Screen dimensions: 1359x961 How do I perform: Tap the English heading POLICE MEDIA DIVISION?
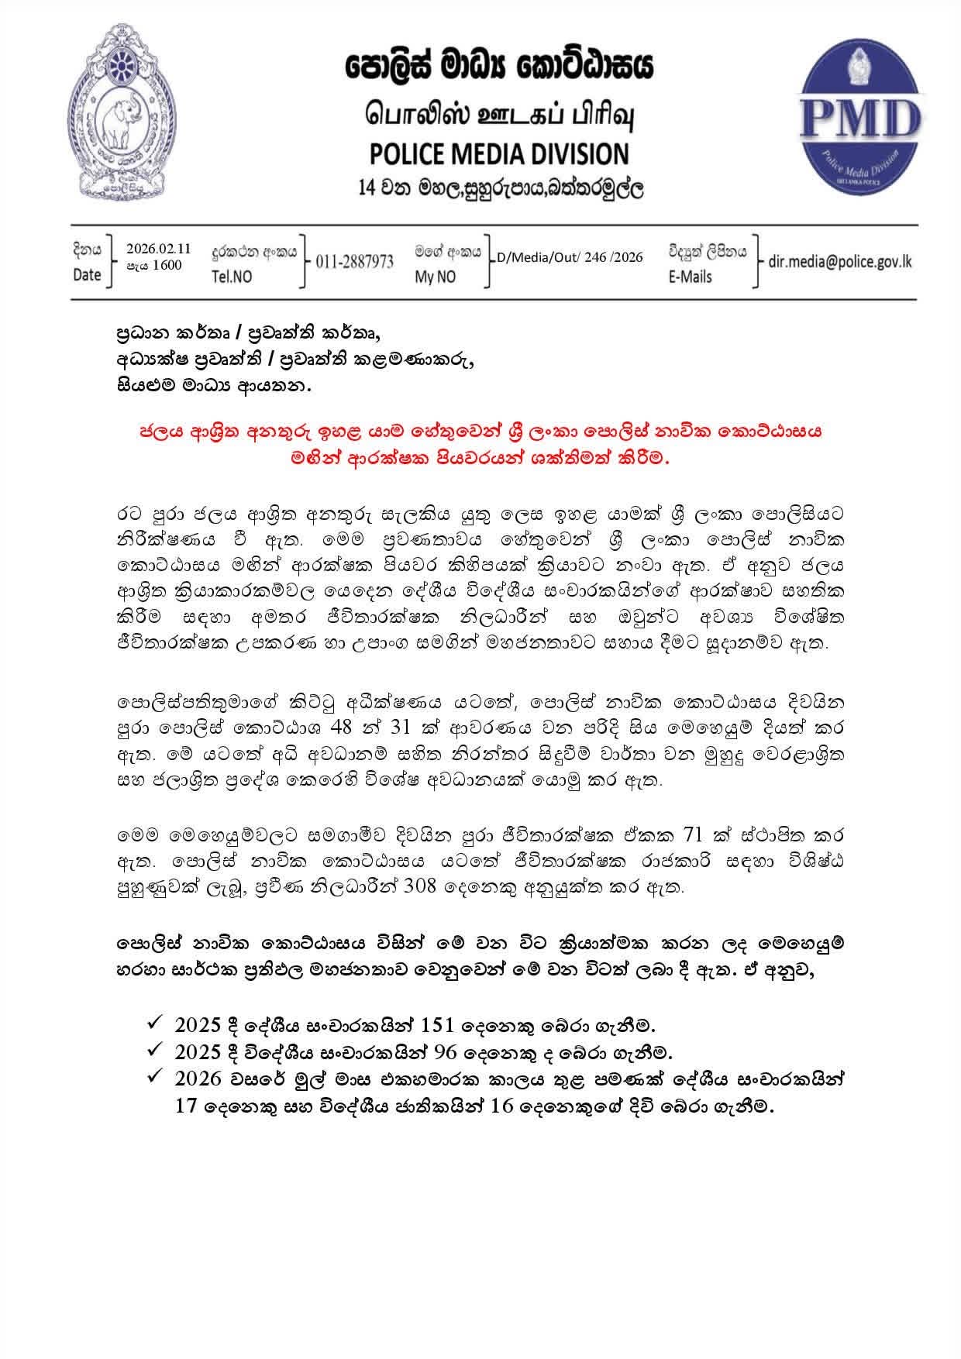point(499,153)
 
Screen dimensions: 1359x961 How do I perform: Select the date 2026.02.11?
point(158,249)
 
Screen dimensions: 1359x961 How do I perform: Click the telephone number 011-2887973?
point(354,262)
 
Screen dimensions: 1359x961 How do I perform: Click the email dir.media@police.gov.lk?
point(839,262)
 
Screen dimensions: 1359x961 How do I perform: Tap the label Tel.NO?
point(232,277)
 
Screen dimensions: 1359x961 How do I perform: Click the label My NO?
point(436,277)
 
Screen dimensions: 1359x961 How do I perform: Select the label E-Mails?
point(690,277)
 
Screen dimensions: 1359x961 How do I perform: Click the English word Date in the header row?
point(87,275)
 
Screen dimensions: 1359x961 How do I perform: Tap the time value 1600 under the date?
point(167,265)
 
